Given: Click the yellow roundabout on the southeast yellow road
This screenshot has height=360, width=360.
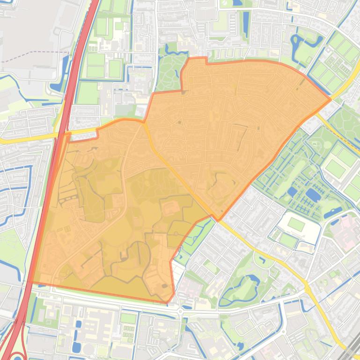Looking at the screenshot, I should (308, 289).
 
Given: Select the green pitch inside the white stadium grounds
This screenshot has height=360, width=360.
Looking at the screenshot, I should (296, 224).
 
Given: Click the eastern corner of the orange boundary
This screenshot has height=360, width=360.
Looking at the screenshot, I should (331, 99).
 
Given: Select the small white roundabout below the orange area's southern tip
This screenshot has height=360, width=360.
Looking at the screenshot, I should (180, 311).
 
